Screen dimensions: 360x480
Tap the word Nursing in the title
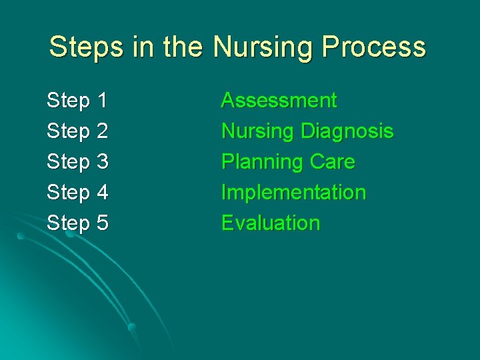(265, 47)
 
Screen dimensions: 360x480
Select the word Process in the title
(375, 47)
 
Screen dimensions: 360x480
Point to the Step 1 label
(77, 101)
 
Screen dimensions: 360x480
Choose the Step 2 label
(77, 132)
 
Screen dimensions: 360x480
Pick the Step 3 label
(77, 162)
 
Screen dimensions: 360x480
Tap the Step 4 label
(77, 193)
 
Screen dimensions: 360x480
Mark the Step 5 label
(77, 223)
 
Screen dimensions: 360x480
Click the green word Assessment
(279, 101)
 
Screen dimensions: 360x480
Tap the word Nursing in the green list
(257, 131)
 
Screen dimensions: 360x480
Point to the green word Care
(332, 162)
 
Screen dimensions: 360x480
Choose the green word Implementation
(293, 193)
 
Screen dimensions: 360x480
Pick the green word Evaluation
(271, 223)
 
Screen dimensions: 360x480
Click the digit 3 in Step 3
(102, 162)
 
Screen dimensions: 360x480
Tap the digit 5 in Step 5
(102, 223)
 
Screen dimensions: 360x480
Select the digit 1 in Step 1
(102, 101)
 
